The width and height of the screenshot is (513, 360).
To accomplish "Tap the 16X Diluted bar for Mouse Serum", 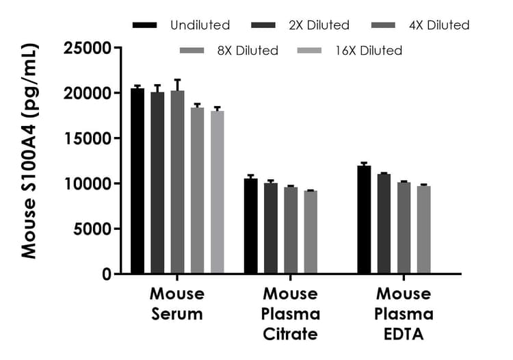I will coord(218,192).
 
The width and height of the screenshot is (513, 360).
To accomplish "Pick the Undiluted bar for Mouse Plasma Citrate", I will coord(251,226).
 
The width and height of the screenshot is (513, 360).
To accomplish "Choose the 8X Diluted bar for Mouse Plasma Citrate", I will coord(311,233).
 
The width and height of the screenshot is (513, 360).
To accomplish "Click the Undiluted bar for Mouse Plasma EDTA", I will coord(364,220).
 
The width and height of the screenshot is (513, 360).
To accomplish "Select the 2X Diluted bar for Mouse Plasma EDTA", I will coord(384,224).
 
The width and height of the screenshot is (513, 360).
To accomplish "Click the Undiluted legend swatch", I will coord(146,25).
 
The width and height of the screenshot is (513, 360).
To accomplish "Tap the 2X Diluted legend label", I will coord(319,25).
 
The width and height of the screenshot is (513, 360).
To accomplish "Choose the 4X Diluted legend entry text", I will coord(438,25).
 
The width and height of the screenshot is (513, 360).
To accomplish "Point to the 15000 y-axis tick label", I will coord(88,138).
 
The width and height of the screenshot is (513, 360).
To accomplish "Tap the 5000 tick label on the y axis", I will coord(92,229).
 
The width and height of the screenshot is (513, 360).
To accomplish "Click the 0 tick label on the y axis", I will coord(106,274).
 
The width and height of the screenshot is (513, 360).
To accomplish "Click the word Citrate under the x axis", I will coord(291,334).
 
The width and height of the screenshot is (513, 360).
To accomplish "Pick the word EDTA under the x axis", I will coord(404,334).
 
